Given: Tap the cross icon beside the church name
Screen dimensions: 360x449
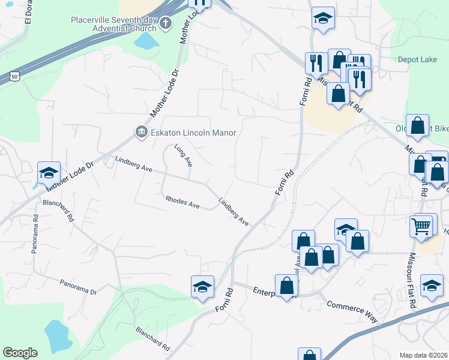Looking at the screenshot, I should [x=166, y=24].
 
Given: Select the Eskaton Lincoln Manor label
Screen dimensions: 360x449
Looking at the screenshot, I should [x=193, y=133].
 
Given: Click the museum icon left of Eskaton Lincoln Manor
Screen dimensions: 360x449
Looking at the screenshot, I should [x=141, y=132].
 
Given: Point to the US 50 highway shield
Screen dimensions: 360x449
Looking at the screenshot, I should [x=14, y=76].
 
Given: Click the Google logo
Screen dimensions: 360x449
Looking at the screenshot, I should [x=20, y=353].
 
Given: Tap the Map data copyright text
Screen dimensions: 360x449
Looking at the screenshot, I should [x=424, y=355].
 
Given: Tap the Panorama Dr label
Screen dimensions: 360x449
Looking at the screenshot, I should [x=77, y=287].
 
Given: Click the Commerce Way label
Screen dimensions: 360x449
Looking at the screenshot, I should [x=352, y=311].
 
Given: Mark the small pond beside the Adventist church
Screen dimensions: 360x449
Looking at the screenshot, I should [x=144, y=41].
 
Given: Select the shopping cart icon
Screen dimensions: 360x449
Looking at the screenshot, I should [x=422, y=226].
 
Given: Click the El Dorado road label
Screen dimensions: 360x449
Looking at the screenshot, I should [x=28, y=12].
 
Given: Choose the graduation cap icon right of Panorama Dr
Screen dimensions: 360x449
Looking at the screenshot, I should [x=202, y=286].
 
